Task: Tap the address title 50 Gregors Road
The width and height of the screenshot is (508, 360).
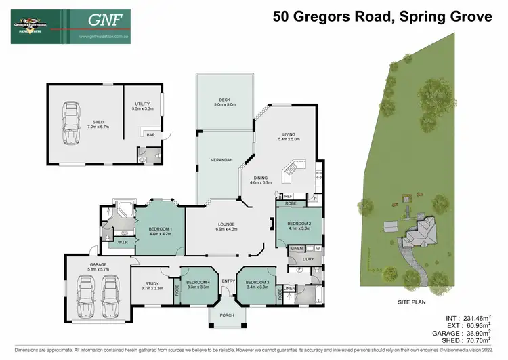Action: [x=382, y=16]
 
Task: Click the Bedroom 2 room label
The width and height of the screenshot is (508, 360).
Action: [x=298, y=226]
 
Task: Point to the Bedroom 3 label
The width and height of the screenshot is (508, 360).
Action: [x=257, y=285]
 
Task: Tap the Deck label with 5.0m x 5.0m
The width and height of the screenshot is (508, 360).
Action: [x=224, y=102]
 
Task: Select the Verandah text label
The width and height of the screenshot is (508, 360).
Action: [x=224, y=159]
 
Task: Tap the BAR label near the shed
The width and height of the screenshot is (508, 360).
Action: [x=150, y=135]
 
